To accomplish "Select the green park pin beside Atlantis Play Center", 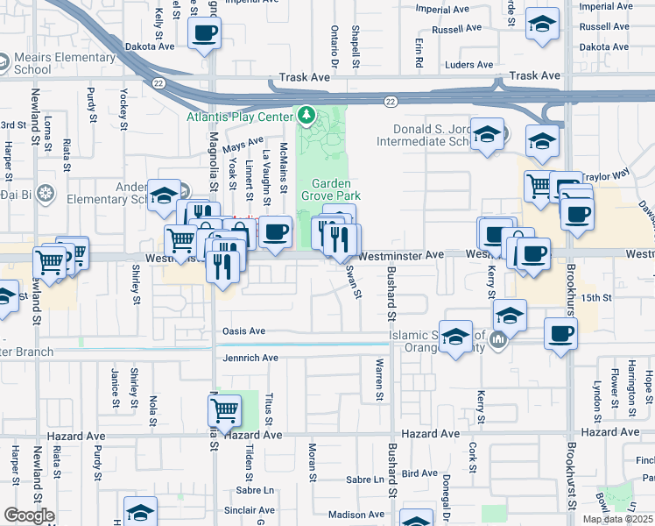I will point(306,115).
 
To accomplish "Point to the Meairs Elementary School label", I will point(64,64).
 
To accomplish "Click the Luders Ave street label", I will point(469,65).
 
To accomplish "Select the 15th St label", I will point(596,298).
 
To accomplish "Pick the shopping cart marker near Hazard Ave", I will point(224,410).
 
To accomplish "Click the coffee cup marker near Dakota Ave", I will point(204,34).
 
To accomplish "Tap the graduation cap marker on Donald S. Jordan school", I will point(487,134).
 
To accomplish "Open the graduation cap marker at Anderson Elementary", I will point(164,196).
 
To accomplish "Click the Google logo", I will point(30,515).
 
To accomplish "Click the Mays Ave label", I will point(243,141).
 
